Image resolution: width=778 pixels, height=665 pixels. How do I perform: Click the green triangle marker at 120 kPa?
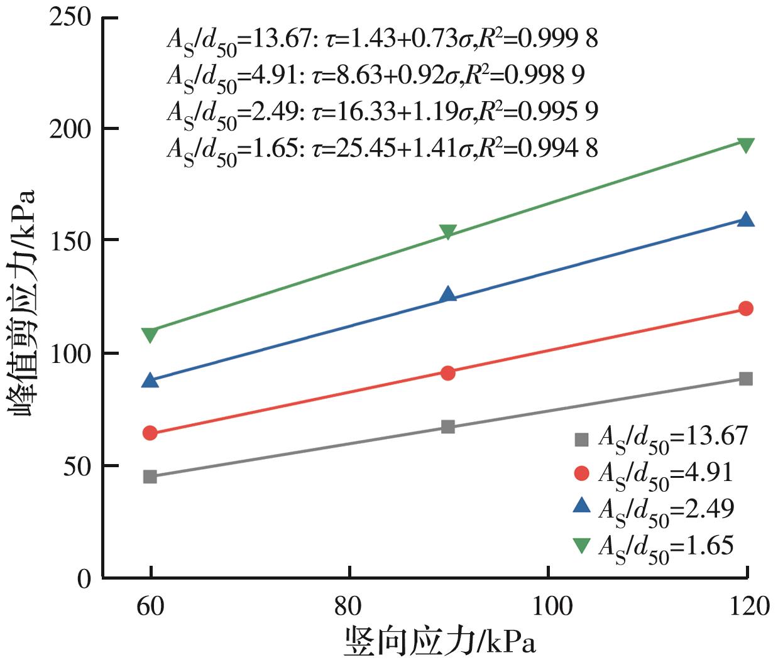tap(746, 145)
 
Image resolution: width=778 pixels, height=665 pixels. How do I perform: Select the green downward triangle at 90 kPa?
tap(448, 232)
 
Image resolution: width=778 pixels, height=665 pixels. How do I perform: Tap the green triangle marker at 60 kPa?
tap(150, 335)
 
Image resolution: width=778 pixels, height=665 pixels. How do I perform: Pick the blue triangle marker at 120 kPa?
tap(746, 219)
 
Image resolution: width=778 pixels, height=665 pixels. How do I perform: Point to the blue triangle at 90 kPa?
tap(448, 294)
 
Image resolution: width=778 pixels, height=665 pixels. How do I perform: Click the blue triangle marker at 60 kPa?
tap(150, 380)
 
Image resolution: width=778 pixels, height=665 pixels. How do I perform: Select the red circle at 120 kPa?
tap(746, 308)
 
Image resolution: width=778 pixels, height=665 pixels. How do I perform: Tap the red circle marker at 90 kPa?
tap(448, 373)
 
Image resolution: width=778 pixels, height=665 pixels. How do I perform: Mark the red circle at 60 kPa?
tap(150, 433)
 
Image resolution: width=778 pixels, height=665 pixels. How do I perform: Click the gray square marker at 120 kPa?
tap(746, 379)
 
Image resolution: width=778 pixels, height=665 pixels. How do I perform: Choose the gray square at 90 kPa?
tap(448, 427)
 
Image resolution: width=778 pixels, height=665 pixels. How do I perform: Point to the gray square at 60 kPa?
tap(150, 477)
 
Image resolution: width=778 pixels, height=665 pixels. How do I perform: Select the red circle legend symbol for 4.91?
tap(582, 473)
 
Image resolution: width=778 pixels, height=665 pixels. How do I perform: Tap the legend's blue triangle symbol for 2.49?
tap(582, 506)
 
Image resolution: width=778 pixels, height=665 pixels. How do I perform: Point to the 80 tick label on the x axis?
tap(349, 607)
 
